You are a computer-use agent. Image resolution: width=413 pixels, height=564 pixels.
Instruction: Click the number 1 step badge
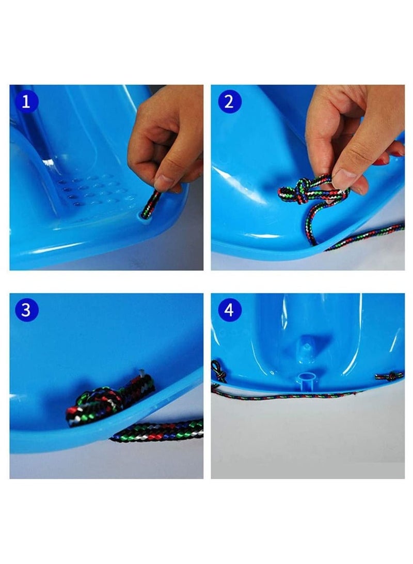[x=26, y=102]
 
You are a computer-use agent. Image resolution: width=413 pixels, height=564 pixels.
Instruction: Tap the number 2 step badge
[x=229, y=101]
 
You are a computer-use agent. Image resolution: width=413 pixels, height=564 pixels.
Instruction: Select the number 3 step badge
[x=26, y=310]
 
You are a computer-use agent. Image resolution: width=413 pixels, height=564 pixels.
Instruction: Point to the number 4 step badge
[x=230, y=310]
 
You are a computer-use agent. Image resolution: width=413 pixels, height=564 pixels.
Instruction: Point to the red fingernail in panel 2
[x=380, y=161]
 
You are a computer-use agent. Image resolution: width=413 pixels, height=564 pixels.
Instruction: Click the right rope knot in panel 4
[x=389, y=376]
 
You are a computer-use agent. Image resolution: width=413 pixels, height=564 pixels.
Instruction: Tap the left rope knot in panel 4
[x=219, y=371]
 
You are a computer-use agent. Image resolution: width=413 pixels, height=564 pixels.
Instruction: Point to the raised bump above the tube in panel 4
[x=306, y=347]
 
